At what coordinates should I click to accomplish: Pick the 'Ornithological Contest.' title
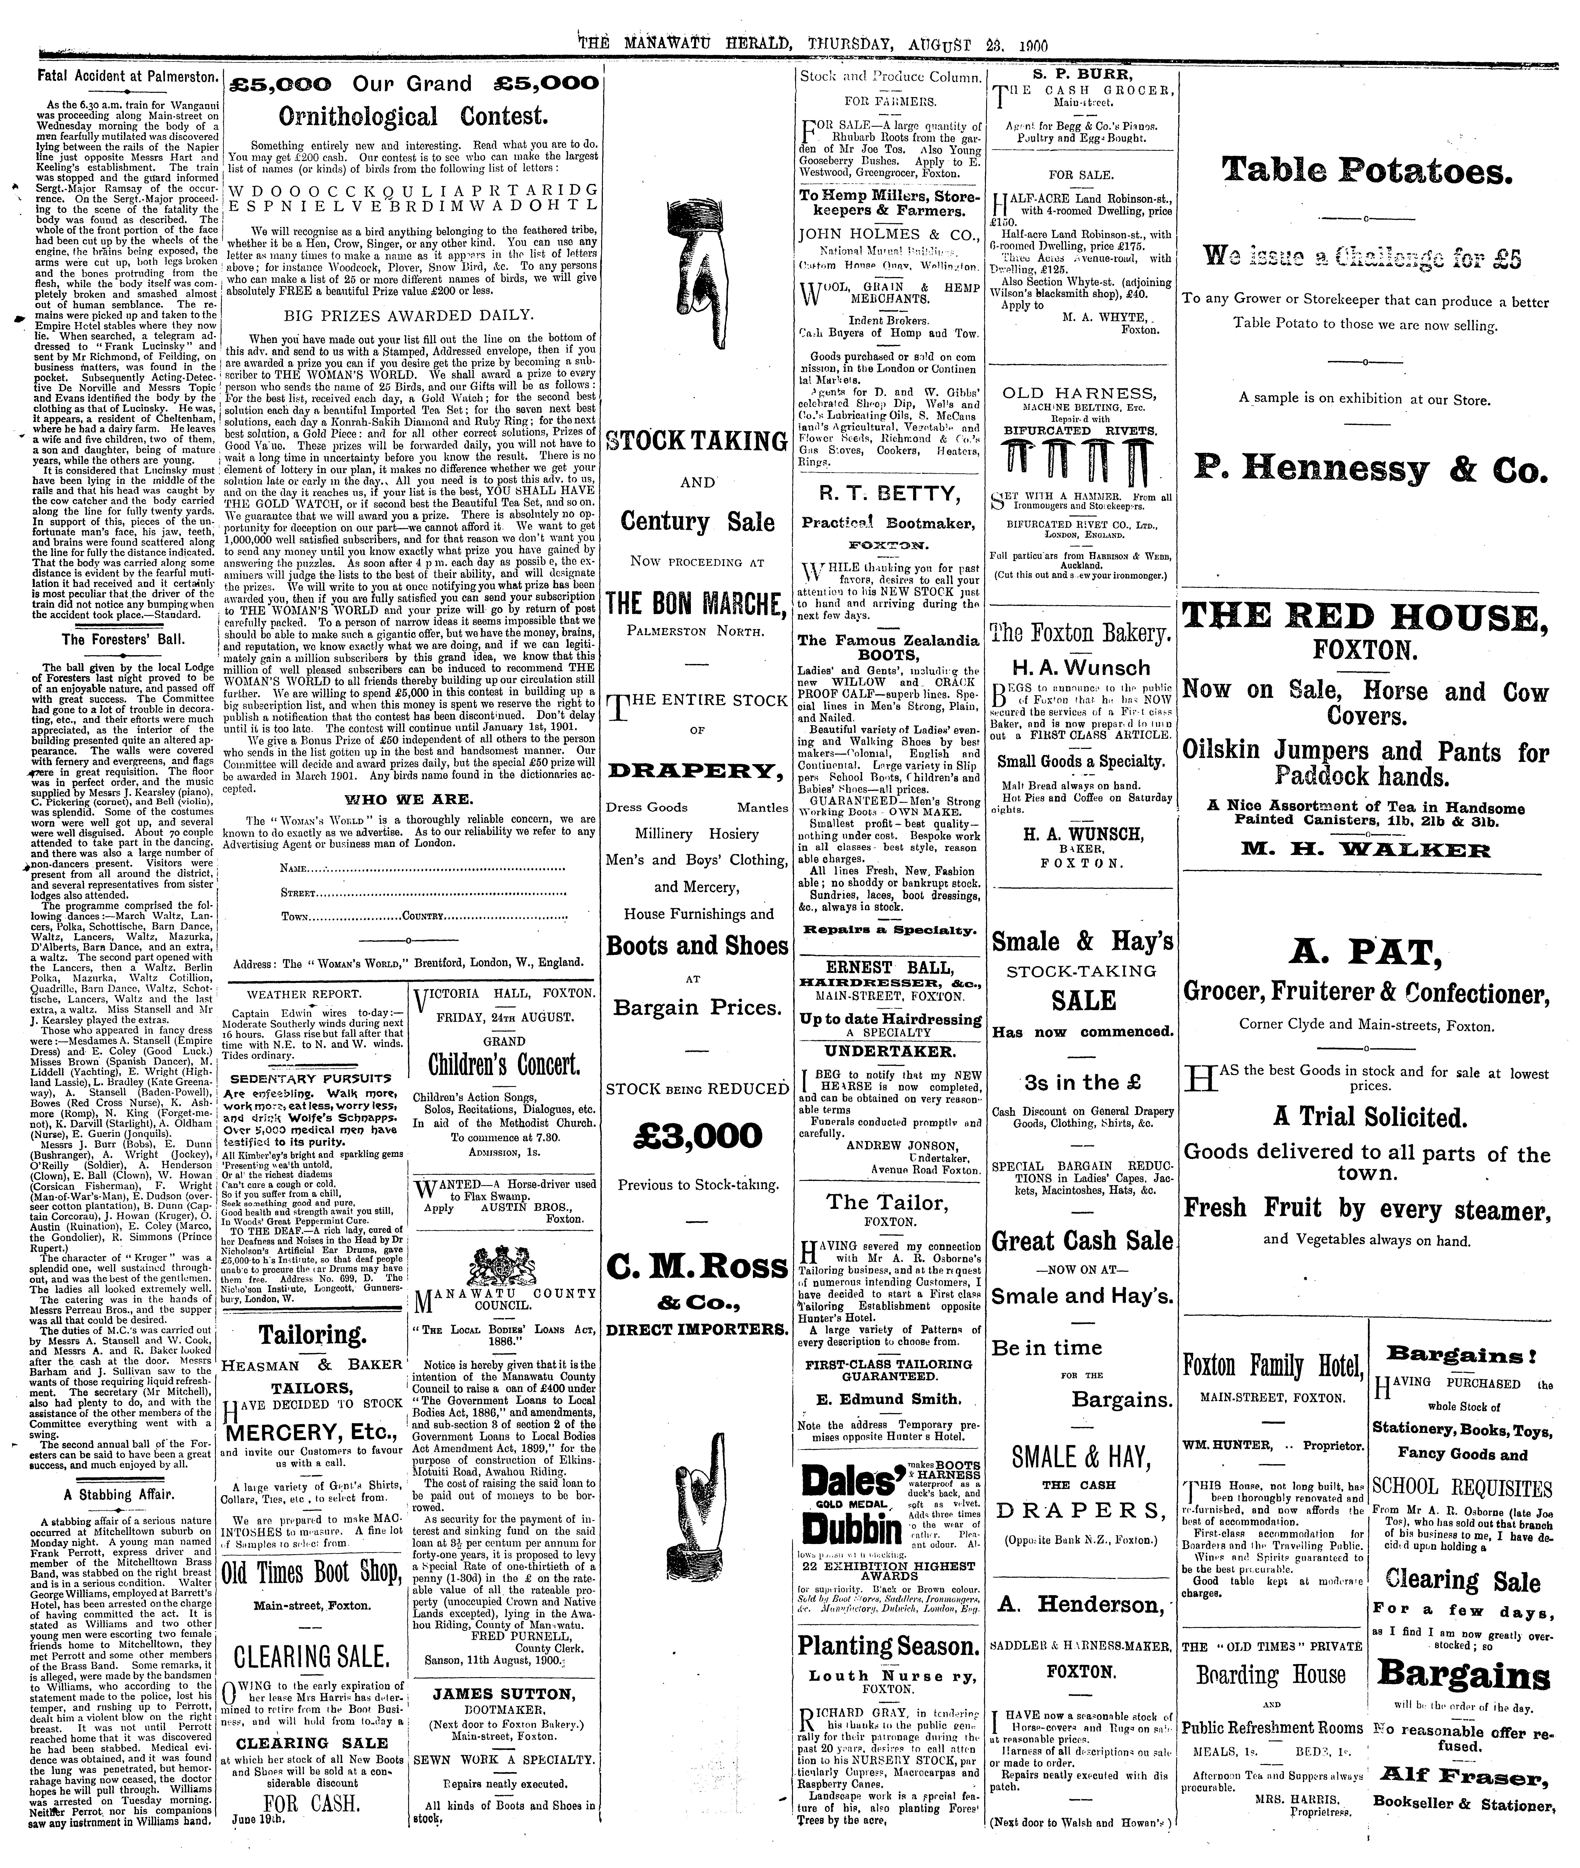[x=412, y=116]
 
